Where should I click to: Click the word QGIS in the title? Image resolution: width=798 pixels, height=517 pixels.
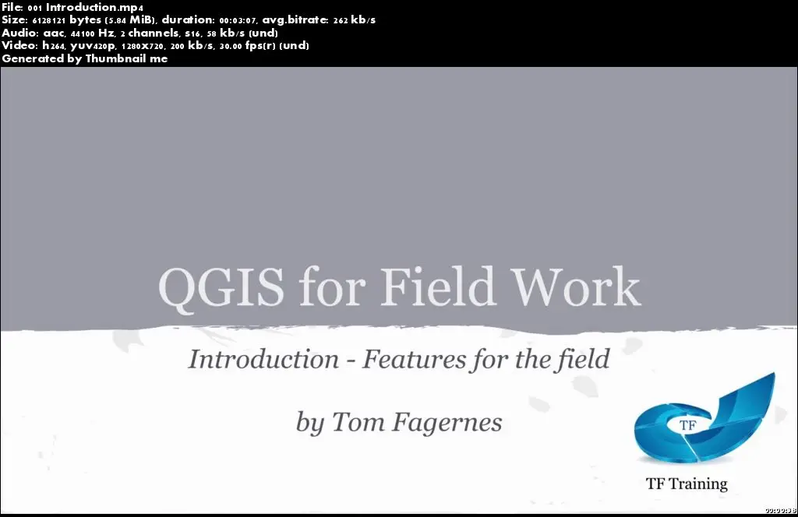[x=221, y=287]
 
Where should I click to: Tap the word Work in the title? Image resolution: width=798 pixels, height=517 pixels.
[x=575, y=286]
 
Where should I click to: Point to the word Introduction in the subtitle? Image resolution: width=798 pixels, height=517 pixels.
[x=263, y=360]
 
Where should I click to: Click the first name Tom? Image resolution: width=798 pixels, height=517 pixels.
[x=358, y=422]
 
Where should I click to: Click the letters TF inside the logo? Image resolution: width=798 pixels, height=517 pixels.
[x=687, y=425]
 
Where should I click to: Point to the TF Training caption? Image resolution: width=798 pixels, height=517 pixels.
[x=687, y=484]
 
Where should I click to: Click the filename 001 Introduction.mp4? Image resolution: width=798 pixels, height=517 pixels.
[x=86, y=7]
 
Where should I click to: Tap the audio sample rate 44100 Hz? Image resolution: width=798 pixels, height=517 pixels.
[x=93, y=33]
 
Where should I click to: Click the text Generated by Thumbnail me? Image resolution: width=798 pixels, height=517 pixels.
[x=84, y=58]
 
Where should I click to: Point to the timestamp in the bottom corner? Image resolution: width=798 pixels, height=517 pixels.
[x=780, y=511]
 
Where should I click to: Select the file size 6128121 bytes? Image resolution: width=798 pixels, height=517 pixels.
[x=65, y=20]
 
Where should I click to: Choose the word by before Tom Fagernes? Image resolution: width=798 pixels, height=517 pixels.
[x=310, y=423]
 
